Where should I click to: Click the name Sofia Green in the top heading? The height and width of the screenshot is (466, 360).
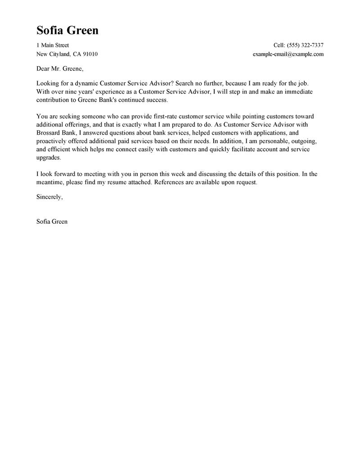tap(67, 31)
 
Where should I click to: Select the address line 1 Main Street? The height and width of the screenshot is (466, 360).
tap(53, 45)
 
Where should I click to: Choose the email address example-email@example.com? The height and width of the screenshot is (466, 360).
tap(288, 54)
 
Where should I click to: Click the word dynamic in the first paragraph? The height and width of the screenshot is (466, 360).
tap(86, 84)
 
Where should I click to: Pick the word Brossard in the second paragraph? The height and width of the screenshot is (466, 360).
tap(50, 133)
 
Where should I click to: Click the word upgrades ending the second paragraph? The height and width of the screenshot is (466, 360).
tap(48, 158)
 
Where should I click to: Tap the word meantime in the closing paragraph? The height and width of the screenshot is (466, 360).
tap(50, 182)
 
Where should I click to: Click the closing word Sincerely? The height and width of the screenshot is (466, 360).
tap(49, 197)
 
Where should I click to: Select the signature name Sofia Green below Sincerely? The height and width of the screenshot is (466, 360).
tap(52, 222)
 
